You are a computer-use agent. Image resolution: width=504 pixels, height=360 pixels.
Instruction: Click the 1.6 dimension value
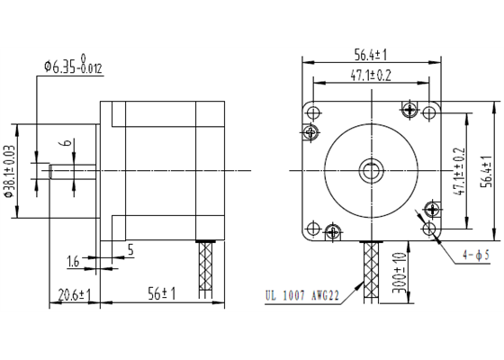(74, 262)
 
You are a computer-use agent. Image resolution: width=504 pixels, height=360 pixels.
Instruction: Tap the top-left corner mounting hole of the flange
(314, 112)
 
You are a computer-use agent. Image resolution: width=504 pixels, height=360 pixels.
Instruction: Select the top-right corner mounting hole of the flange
(430, 112)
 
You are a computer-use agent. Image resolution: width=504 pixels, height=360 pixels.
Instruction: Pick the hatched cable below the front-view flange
(371, 270)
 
